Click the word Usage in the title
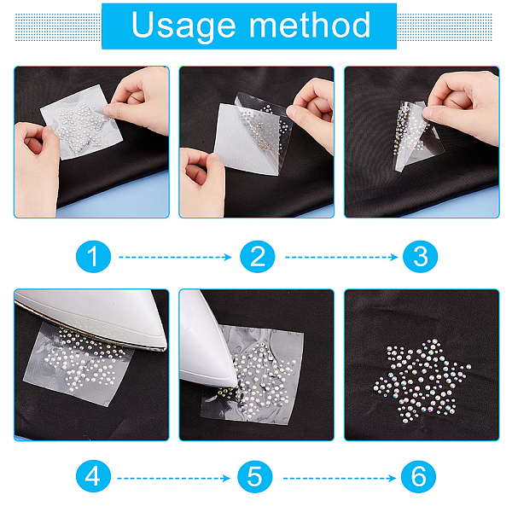pos(183,26)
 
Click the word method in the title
pos(310,25)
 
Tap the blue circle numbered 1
pos(93,257)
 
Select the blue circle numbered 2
pos(258,257)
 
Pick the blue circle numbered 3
pos(420,257)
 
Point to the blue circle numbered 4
pos(93,476)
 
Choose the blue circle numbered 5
pos(255,476)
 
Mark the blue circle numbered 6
pos(419,476)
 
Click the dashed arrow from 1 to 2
pos(175,258)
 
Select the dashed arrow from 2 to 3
pos(341,258)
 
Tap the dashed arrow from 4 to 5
pos(174,479)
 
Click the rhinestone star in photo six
pos(422,381)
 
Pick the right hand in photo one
pos(140,99)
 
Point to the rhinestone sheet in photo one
pos(82,122)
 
